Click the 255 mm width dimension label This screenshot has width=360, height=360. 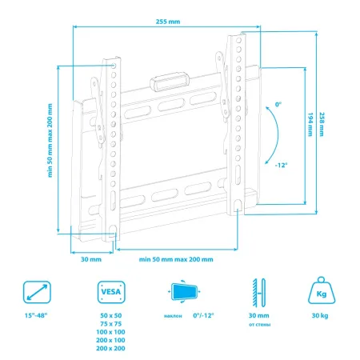tap(168, 22)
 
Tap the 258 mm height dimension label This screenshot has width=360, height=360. tap(322, 124)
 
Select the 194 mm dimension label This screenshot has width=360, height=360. tap(310, 124)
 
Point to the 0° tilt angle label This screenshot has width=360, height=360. tap(278, 104)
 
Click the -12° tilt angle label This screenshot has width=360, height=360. tap(281, 166)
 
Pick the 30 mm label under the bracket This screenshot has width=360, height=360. tap(91, 259)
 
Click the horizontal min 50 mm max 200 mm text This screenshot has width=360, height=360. tap(176, 259)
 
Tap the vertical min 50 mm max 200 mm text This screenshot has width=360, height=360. tap(50, 141)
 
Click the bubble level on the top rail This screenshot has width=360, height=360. tap(169, 82)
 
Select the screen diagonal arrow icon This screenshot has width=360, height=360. tap(37, 292)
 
